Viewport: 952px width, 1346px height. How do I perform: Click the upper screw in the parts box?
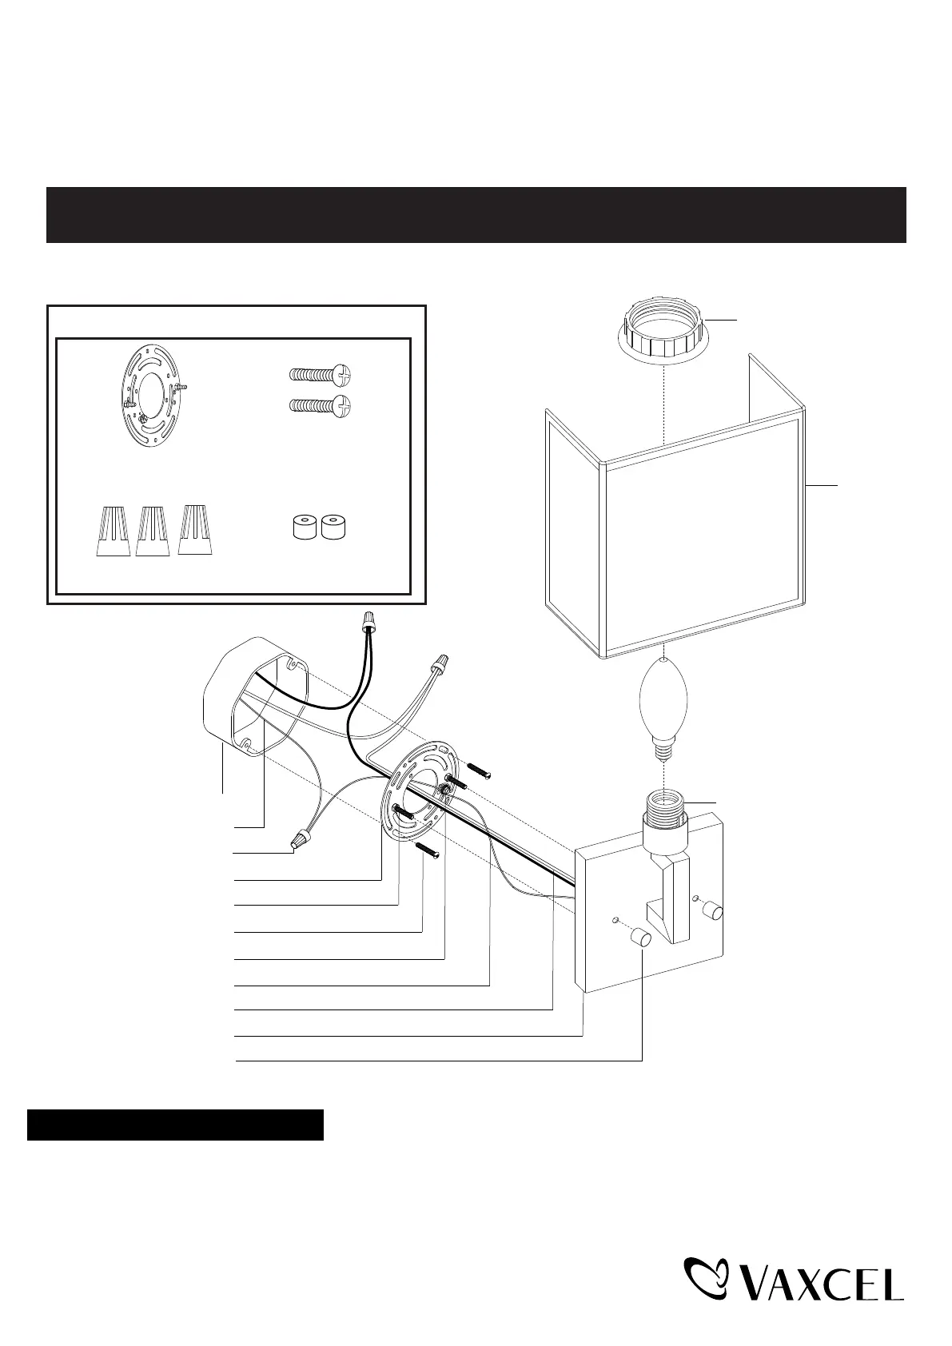(x=319, y=375)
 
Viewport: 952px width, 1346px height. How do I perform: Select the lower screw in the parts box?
(x=319, y=406)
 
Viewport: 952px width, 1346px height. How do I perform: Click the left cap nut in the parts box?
(x=301, y=528)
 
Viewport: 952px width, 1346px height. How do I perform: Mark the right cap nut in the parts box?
(x=334, y=528)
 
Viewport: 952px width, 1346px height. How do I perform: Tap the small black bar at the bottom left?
(x=175, y=1124)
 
